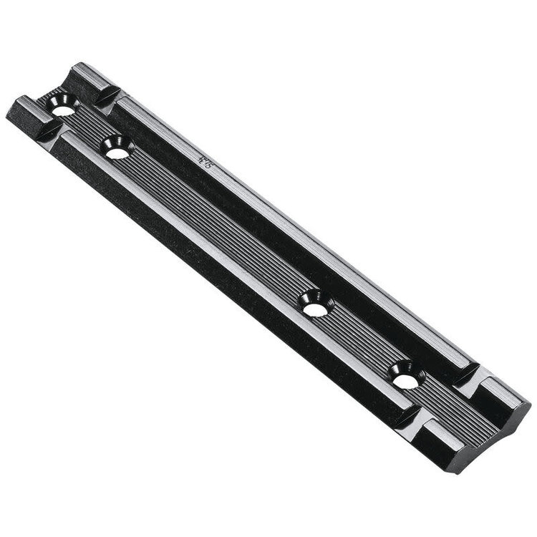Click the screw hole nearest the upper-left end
click(x=62, y=108)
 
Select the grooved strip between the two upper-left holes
click(x=89, y=129)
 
